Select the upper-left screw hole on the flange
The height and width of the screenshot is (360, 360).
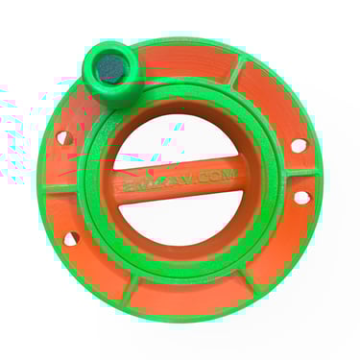click(x=63, y=138)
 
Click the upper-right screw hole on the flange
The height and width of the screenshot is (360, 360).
click(x=299, y=145)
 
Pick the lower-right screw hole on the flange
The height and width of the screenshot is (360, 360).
click(x=300, y=197)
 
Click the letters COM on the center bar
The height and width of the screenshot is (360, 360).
click(x=216, y=178)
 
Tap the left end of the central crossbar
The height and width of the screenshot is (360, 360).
click(x=121, y=182)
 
